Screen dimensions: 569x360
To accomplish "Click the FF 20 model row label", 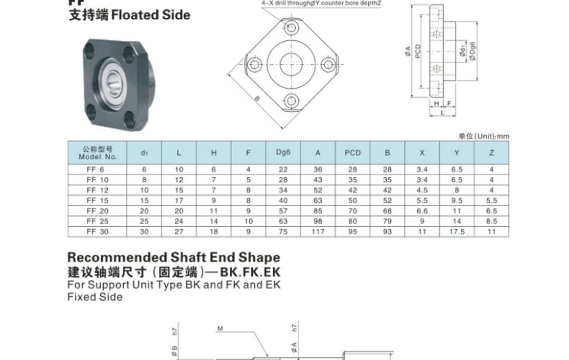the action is [98, 211].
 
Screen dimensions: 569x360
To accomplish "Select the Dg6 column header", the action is [283, 152].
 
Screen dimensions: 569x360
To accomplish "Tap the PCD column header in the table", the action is [353, 153].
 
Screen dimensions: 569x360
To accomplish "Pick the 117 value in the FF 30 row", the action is [318, 231].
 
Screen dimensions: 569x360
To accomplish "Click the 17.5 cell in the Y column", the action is [457, 231].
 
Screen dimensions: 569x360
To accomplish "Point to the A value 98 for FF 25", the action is [318, 221].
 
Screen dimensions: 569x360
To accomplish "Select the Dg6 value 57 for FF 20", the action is [283, 211].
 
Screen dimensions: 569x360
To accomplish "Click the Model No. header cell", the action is [97, 153].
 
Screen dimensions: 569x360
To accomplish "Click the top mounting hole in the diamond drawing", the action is [291, 27].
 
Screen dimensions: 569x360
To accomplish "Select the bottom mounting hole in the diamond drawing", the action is [291, 101].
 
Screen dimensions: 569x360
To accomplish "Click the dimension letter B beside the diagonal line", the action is [257, 99].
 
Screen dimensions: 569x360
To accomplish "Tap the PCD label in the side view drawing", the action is [418, 51].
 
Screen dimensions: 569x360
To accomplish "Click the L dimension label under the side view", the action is [442, 112].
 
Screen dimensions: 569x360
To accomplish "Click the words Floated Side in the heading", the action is [151, 15].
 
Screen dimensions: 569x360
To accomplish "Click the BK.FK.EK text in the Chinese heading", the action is [250, 272].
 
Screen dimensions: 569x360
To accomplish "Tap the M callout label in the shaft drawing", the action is [220, 329].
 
